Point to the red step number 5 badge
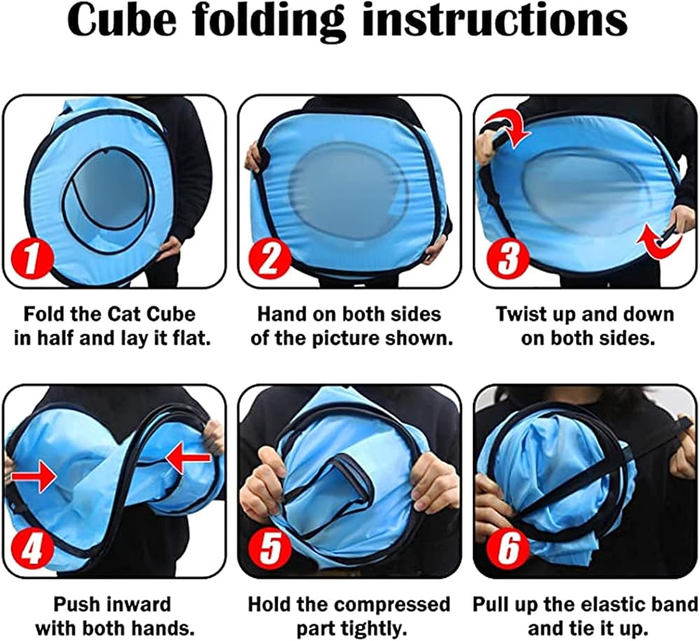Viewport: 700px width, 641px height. point(269,549)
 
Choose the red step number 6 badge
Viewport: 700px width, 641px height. point(507,549)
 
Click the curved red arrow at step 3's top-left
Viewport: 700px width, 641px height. point(507,129)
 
